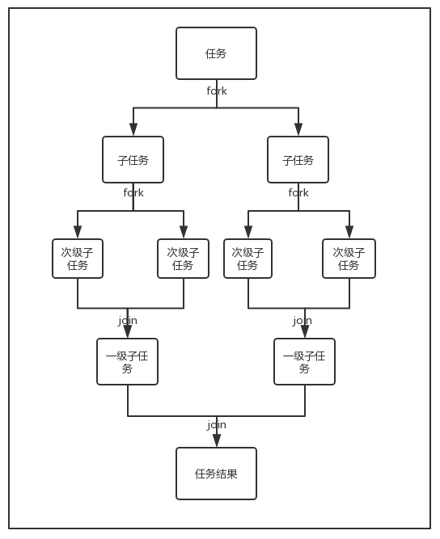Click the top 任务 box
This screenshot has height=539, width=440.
coord(216,53)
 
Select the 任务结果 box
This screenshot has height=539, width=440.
coord(216,474)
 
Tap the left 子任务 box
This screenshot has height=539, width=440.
coord(133,160)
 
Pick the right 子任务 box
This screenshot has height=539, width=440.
coord(298,160)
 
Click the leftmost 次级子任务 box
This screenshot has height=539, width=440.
coord(78,259)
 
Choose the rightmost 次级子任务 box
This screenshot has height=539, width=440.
coord(349,259)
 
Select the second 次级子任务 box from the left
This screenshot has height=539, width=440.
coord(183,259)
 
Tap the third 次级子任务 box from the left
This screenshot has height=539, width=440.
coord(247,259)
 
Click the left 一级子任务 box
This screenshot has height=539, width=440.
coord(127,361)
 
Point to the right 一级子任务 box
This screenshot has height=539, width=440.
coord(304,361)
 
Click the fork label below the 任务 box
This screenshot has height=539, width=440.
coord(217,91)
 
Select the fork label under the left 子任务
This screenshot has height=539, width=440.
coord(133,192)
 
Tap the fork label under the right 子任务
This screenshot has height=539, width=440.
coord(298,192)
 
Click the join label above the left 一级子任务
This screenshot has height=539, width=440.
coord(128,320)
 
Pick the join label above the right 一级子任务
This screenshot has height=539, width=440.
coord(302,320)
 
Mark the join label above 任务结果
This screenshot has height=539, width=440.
coord(217,424)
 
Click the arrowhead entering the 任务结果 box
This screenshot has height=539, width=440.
coord(217,440)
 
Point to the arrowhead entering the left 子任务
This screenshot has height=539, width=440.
coord(133,129)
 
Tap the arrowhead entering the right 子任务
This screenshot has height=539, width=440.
coord(298,129)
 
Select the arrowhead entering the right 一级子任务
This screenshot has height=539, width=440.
coord(305,331)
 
